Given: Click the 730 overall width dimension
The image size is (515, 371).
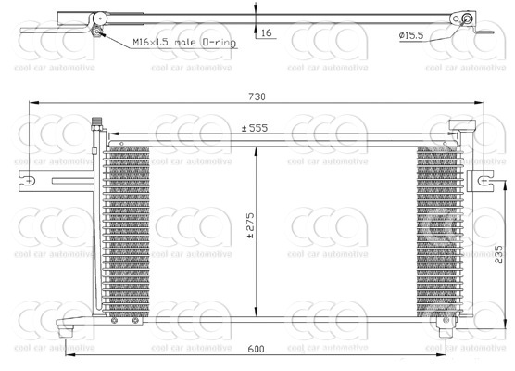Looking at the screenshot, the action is click(257, 96).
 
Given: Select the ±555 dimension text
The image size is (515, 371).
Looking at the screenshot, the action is click(255, 128).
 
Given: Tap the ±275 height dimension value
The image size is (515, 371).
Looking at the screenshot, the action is click(250, 225).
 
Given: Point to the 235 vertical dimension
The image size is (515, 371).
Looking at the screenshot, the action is click(498, 254).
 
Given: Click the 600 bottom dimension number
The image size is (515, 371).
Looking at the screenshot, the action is click(256, 349).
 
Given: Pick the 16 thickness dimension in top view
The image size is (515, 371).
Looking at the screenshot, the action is click(267, 32).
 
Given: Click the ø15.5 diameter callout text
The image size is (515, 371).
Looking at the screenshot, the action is click(411, 35).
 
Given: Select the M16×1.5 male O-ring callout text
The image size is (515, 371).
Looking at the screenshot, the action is click(184, 43).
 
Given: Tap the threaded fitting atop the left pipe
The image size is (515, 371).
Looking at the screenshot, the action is click(97, 123).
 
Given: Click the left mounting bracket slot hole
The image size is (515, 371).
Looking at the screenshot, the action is click(29, 181).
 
